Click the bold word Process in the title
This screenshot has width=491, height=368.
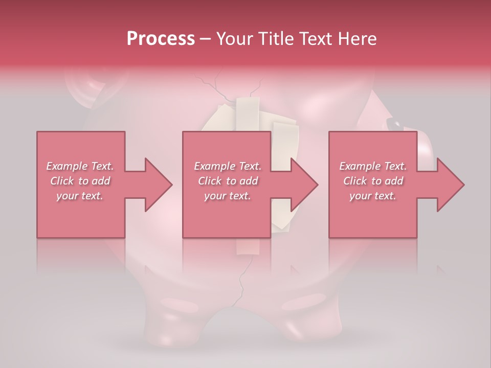click(161, 39)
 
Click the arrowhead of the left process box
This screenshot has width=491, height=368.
click(159, 185)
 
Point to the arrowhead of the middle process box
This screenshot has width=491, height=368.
click(305, 185)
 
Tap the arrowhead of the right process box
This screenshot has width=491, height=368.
click(451, 185)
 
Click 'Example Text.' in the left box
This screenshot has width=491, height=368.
click(80, 166)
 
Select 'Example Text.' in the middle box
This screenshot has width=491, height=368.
click(228, 166)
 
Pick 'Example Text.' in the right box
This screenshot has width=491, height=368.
click(373, 166)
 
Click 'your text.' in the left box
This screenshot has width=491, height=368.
click(80, 196)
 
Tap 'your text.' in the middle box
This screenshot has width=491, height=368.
click(228, 196)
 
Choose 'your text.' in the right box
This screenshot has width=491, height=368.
click(373, 196)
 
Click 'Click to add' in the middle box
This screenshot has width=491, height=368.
click(228, 181)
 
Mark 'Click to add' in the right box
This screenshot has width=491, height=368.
click(373, 181)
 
